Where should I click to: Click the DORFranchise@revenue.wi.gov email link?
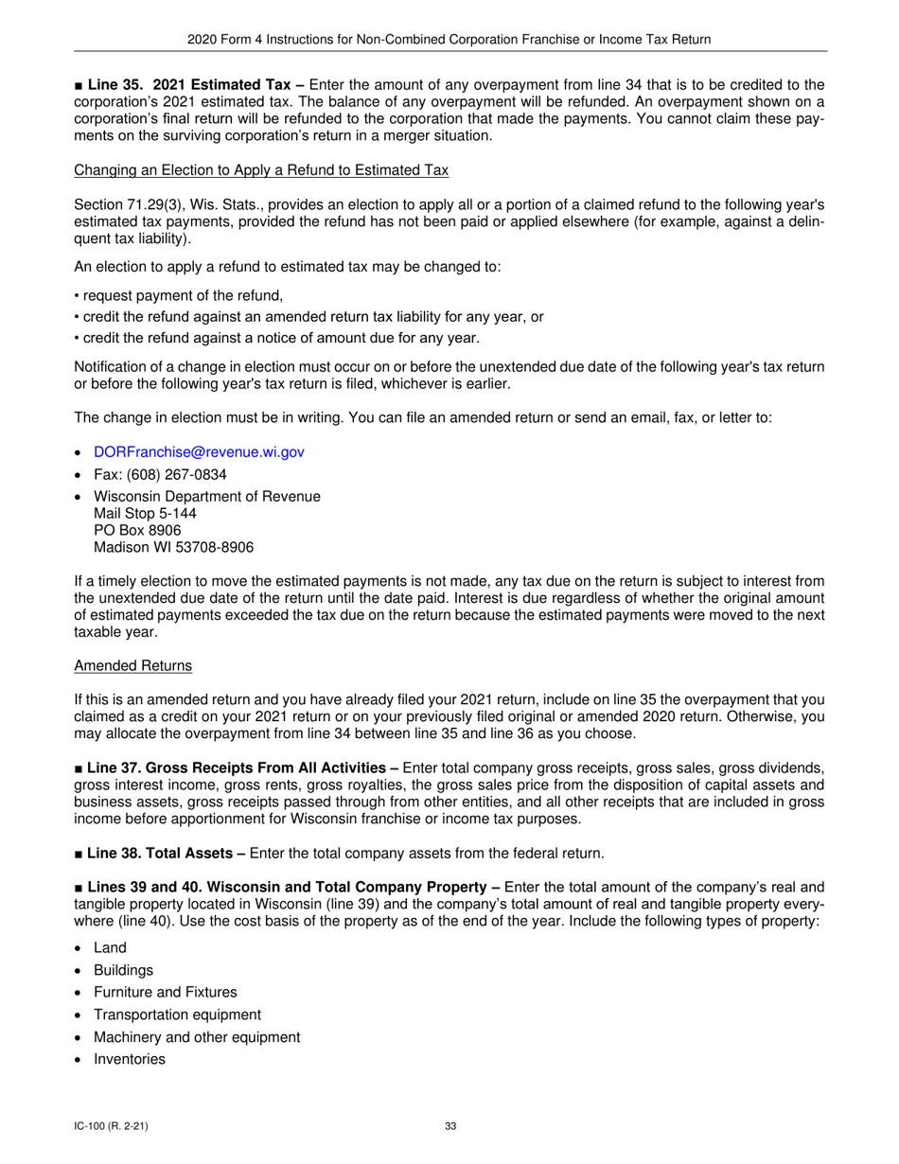point(199,452)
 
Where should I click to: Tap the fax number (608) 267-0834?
point(160,474)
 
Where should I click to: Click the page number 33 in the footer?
point(450,1126)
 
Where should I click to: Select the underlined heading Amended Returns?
point(132,666)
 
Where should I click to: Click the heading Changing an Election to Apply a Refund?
point(260,170)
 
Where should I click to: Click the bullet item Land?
point(110,947)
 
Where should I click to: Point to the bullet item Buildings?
point(123,970)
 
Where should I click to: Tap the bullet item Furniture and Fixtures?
point(166,992)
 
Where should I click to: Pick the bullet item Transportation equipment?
point(177,1014)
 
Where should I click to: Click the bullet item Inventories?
point(130,1059)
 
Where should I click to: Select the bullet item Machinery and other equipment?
point(197,1037)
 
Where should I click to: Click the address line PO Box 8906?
point(137,530)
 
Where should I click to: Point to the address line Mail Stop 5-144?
point(145,514)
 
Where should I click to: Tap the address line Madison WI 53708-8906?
point(173,547)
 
